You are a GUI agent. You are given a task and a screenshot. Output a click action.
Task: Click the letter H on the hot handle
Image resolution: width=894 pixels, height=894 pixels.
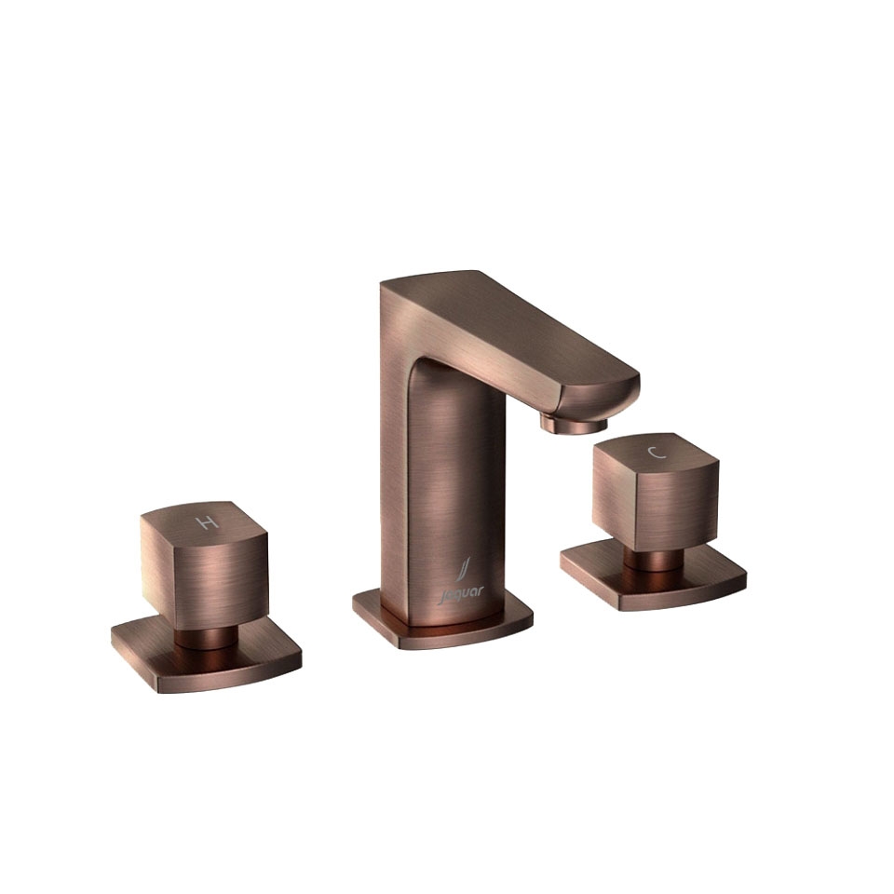207,521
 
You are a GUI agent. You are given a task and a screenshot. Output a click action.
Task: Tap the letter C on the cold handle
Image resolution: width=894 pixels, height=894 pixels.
657,453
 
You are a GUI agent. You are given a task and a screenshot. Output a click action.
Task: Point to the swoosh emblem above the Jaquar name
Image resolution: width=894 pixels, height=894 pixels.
466,570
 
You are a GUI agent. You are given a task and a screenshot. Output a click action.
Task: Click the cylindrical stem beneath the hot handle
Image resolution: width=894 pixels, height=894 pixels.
205,637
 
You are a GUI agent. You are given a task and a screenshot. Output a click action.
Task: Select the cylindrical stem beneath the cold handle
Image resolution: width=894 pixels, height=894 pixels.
654,560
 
